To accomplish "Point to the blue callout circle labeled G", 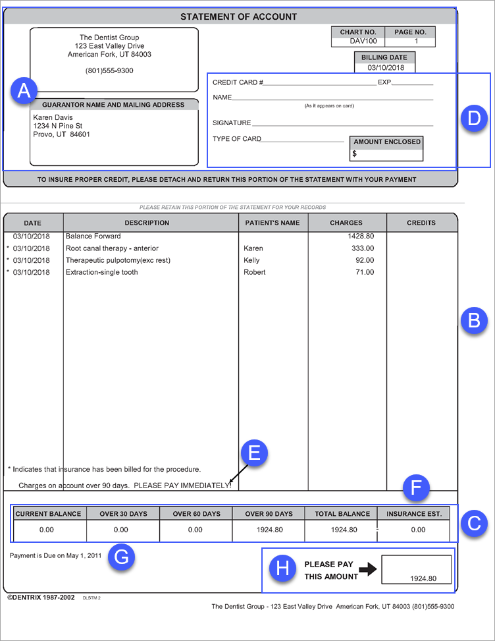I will pos(122,557).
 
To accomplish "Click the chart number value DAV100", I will pos(358,42).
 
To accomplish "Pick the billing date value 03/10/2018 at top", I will pos(386,67).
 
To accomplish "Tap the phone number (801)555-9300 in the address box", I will pos(109,70).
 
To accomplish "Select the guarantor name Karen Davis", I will pos(53,117).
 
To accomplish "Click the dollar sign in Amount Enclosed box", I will pos(355,153).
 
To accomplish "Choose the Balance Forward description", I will pos(93,236).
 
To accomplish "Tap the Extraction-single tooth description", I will pos(102,272).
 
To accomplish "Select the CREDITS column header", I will pos(421,223).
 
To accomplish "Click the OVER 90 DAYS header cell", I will pos(269,514).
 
